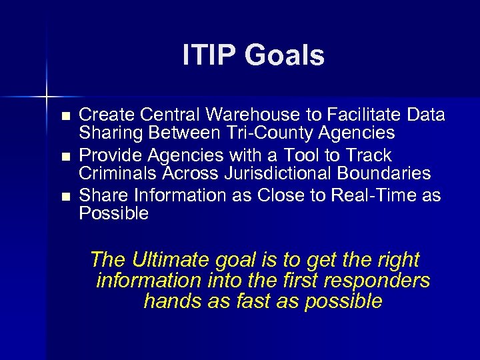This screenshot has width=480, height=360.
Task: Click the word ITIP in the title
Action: (x=208, y=55)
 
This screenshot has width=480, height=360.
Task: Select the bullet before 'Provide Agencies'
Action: (x=65, y=157)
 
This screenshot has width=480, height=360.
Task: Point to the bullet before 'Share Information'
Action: (x=65, y=197)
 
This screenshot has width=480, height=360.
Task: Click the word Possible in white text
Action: (x=114, y=213)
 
